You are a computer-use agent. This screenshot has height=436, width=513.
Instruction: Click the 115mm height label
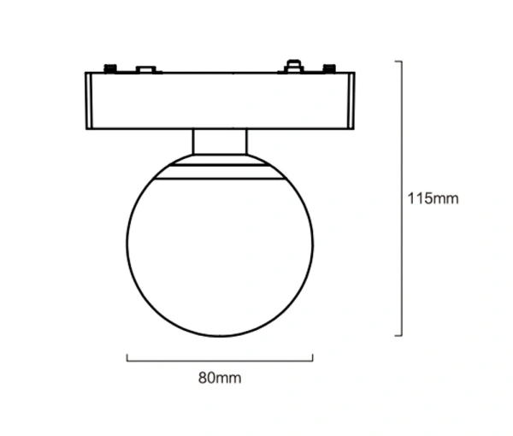[433, 199]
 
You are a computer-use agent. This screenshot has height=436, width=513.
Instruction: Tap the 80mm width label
[220, 375]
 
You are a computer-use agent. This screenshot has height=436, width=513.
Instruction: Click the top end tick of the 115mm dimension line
[398, 62]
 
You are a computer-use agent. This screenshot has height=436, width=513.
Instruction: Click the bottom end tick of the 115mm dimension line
[398, 335]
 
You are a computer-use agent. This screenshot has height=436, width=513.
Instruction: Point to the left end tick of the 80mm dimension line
[127, 357]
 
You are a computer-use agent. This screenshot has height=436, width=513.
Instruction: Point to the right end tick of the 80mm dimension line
[313, 357]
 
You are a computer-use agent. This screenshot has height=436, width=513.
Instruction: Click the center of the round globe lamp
[220, 248]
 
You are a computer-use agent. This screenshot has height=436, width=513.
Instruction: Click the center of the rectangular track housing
[220, 101]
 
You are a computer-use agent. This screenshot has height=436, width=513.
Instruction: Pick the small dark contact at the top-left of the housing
[109, 67]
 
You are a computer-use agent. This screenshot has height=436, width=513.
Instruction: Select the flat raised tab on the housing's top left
[146, 68]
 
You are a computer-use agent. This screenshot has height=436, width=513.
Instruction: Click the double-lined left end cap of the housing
[89, 101]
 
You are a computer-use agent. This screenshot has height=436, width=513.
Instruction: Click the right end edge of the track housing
[352, 101]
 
